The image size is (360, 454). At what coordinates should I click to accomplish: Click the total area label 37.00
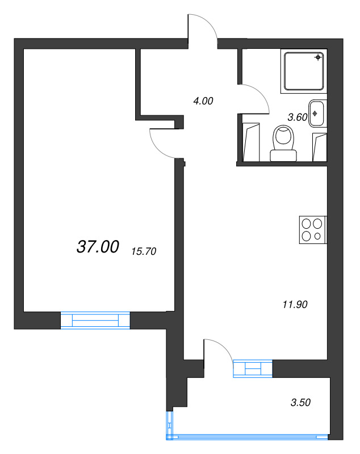[98, 247]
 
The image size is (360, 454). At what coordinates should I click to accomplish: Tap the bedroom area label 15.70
[144, 251]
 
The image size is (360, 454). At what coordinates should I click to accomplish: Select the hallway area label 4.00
[203, 101]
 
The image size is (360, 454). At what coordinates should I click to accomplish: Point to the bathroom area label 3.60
[298, 117]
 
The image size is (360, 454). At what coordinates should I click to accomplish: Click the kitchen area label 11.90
[295, 304]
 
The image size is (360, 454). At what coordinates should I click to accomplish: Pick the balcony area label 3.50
[300, 402]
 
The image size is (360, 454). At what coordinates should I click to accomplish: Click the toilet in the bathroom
[283, 144]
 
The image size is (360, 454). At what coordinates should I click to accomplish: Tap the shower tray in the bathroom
[304, 71]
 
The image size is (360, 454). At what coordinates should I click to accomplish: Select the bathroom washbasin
[318, 113]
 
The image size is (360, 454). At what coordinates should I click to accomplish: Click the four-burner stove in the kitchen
[313, 230]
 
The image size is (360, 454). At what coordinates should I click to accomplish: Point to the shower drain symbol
[319, 57]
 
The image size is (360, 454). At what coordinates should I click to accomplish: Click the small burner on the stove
[317, 236]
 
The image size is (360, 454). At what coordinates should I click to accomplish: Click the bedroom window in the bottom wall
[95, 320]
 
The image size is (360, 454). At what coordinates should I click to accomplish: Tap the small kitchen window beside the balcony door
[253, 368]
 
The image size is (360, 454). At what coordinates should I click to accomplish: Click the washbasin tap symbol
[315, 113]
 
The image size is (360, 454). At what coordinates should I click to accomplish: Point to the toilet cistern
[283, 155]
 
